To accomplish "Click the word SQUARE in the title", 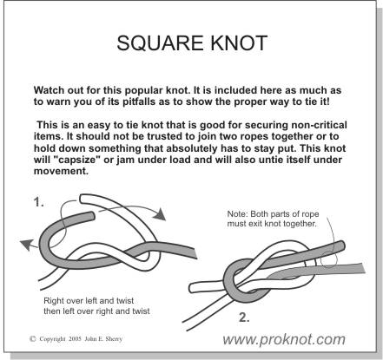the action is (x=160, y=43).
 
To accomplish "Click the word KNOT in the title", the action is (x=239, y=43).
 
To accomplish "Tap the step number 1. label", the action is (x=39, y=202).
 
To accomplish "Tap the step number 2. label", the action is (x=244, y=317).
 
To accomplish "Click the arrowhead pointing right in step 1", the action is (x=159, y=214).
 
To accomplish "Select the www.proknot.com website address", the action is (x=284, y=339).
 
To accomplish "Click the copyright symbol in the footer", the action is (x=33, y=338).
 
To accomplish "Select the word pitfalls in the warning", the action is (x=140, y=101).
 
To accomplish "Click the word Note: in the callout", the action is (x=237, y=214).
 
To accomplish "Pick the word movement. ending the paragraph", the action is (x=61, y=171).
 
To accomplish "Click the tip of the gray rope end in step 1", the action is (x=92, y=216).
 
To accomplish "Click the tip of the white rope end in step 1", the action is (x=82, y=199).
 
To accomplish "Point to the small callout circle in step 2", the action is (x=329, y=259).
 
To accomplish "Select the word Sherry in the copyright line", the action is (x=114, y=339).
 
